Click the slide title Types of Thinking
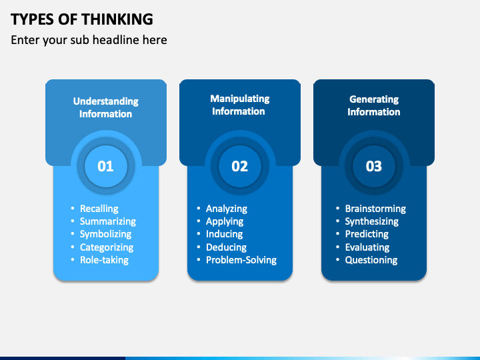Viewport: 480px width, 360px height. (82, 19)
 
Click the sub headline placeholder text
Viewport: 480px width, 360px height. (89, 40)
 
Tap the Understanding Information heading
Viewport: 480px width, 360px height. (105, 107)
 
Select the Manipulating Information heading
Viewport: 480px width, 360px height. (239, 105)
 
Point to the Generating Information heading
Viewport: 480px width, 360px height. (374, 105)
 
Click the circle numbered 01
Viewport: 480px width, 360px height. (106, 166)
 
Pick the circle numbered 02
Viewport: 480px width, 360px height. (240, 166)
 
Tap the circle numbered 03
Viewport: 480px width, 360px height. (374, 166)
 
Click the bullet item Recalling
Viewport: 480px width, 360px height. (99, 209)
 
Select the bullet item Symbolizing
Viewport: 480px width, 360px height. (105, 234)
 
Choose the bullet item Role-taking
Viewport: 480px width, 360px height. (104, 260)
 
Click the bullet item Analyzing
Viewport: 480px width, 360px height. (226, 209)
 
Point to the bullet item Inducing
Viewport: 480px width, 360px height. (224, 234)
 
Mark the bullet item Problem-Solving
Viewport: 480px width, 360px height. (241, 260)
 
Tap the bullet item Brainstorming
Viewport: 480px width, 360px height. (375, 209)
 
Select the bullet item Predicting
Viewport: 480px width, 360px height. (367, 234)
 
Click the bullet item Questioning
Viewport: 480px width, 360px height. (371, 260)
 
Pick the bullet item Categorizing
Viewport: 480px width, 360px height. (107, 247)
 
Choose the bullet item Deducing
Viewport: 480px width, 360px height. (226, 247)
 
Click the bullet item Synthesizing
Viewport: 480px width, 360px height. (371, 221)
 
